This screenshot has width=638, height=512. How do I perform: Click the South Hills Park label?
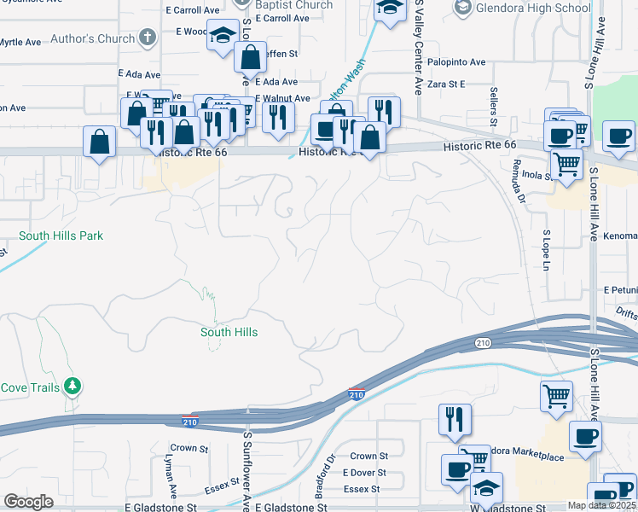[61, 236]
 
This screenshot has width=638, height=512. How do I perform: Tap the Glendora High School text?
[532, 9]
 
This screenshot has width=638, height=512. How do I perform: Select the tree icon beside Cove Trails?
[72, 387]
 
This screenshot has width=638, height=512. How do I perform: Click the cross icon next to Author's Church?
[148, 38]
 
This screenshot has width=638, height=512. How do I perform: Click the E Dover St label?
[364, 473]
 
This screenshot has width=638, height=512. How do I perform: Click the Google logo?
[28, 502]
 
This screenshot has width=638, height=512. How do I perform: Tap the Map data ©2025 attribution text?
[601, 505]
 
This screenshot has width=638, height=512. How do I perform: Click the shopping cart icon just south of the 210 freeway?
[556, 394]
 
